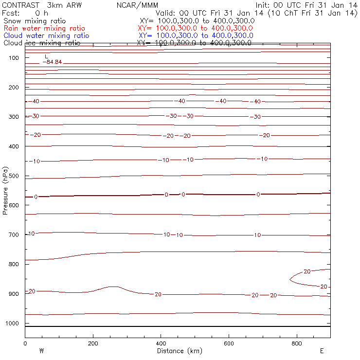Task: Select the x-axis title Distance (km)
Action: click(x=178, y=351)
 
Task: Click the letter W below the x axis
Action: click(x=41, y=351)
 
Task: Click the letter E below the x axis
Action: click(x=322, y=351)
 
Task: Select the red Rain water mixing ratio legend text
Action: click(x=44, y=28)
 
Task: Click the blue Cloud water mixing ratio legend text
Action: click(x=46, y=36)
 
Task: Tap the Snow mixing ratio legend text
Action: click(x=34, y=21)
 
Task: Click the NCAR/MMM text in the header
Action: click(x=138, y=5)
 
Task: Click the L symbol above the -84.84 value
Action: click(x=47, y=56)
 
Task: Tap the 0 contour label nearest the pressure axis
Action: click(x=36, y=197)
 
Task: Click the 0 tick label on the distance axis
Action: click(x=25, y=343)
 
